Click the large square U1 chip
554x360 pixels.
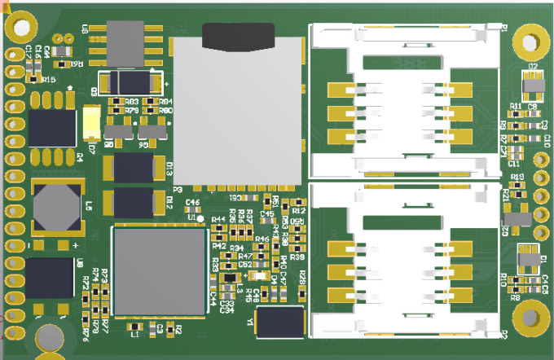pos(159,270)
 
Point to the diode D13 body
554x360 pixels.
pos(134,169)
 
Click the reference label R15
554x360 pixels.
pos(49,80)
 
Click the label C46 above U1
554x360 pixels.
pos(193,201)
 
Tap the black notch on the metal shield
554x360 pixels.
pos(239,36)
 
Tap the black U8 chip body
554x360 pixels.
pos(50,280)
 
